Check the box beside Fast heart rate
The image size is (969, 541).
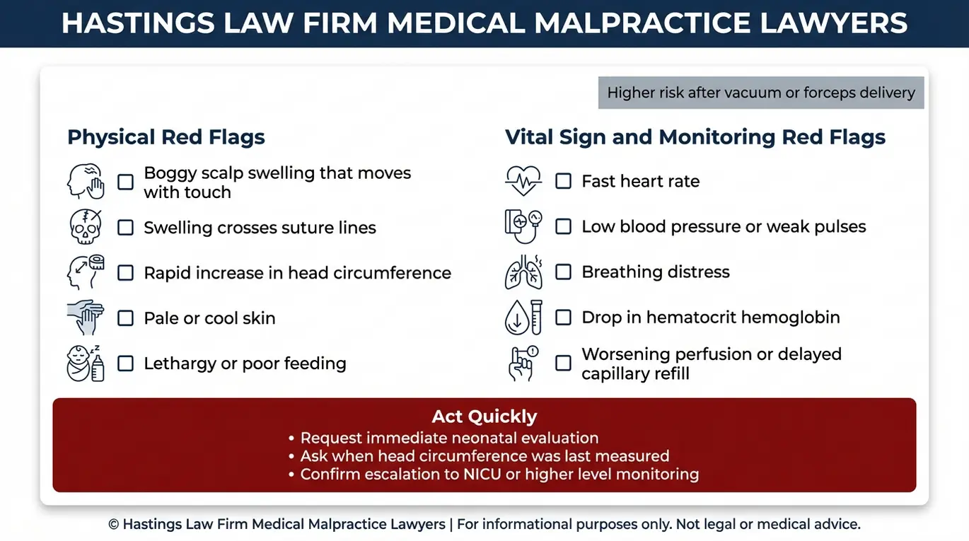click(563, 181)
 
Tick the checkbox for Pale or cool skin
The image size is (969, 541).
click(125, 318)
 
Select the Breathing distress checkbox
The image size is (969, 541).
click(563, 272)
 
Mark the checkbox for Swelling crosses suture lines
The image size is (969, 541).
click(125, 228)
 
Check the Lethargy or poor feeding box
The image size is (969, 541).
click(125, 363)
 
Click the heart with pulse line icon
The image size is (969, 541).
click(523, 181)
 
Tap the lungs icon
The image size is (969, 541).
click(523, 272)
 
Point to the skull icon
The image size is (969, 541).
click(86, 226)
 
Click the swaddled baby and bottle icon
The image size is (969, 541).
click(86, 363)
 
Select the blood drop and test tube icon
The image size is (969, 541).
click(523, 318)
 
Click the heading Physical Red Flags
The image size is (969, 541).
click(166, 137)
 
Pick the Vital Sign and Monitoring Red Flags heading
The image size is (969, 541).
click(695, 137)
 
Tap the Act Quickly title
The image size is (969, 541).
click(484, 417)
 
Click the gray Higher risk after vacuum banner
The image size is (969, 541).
click(761, 93)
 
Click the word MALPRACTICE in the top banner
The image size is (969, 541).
click(642, 23)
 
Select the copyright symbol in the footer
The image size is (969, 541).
click(113, 525)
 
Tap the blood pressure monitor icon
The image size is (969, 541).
click(523, 226)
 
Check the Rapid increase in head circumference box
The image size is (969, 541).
click(125, 273)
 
